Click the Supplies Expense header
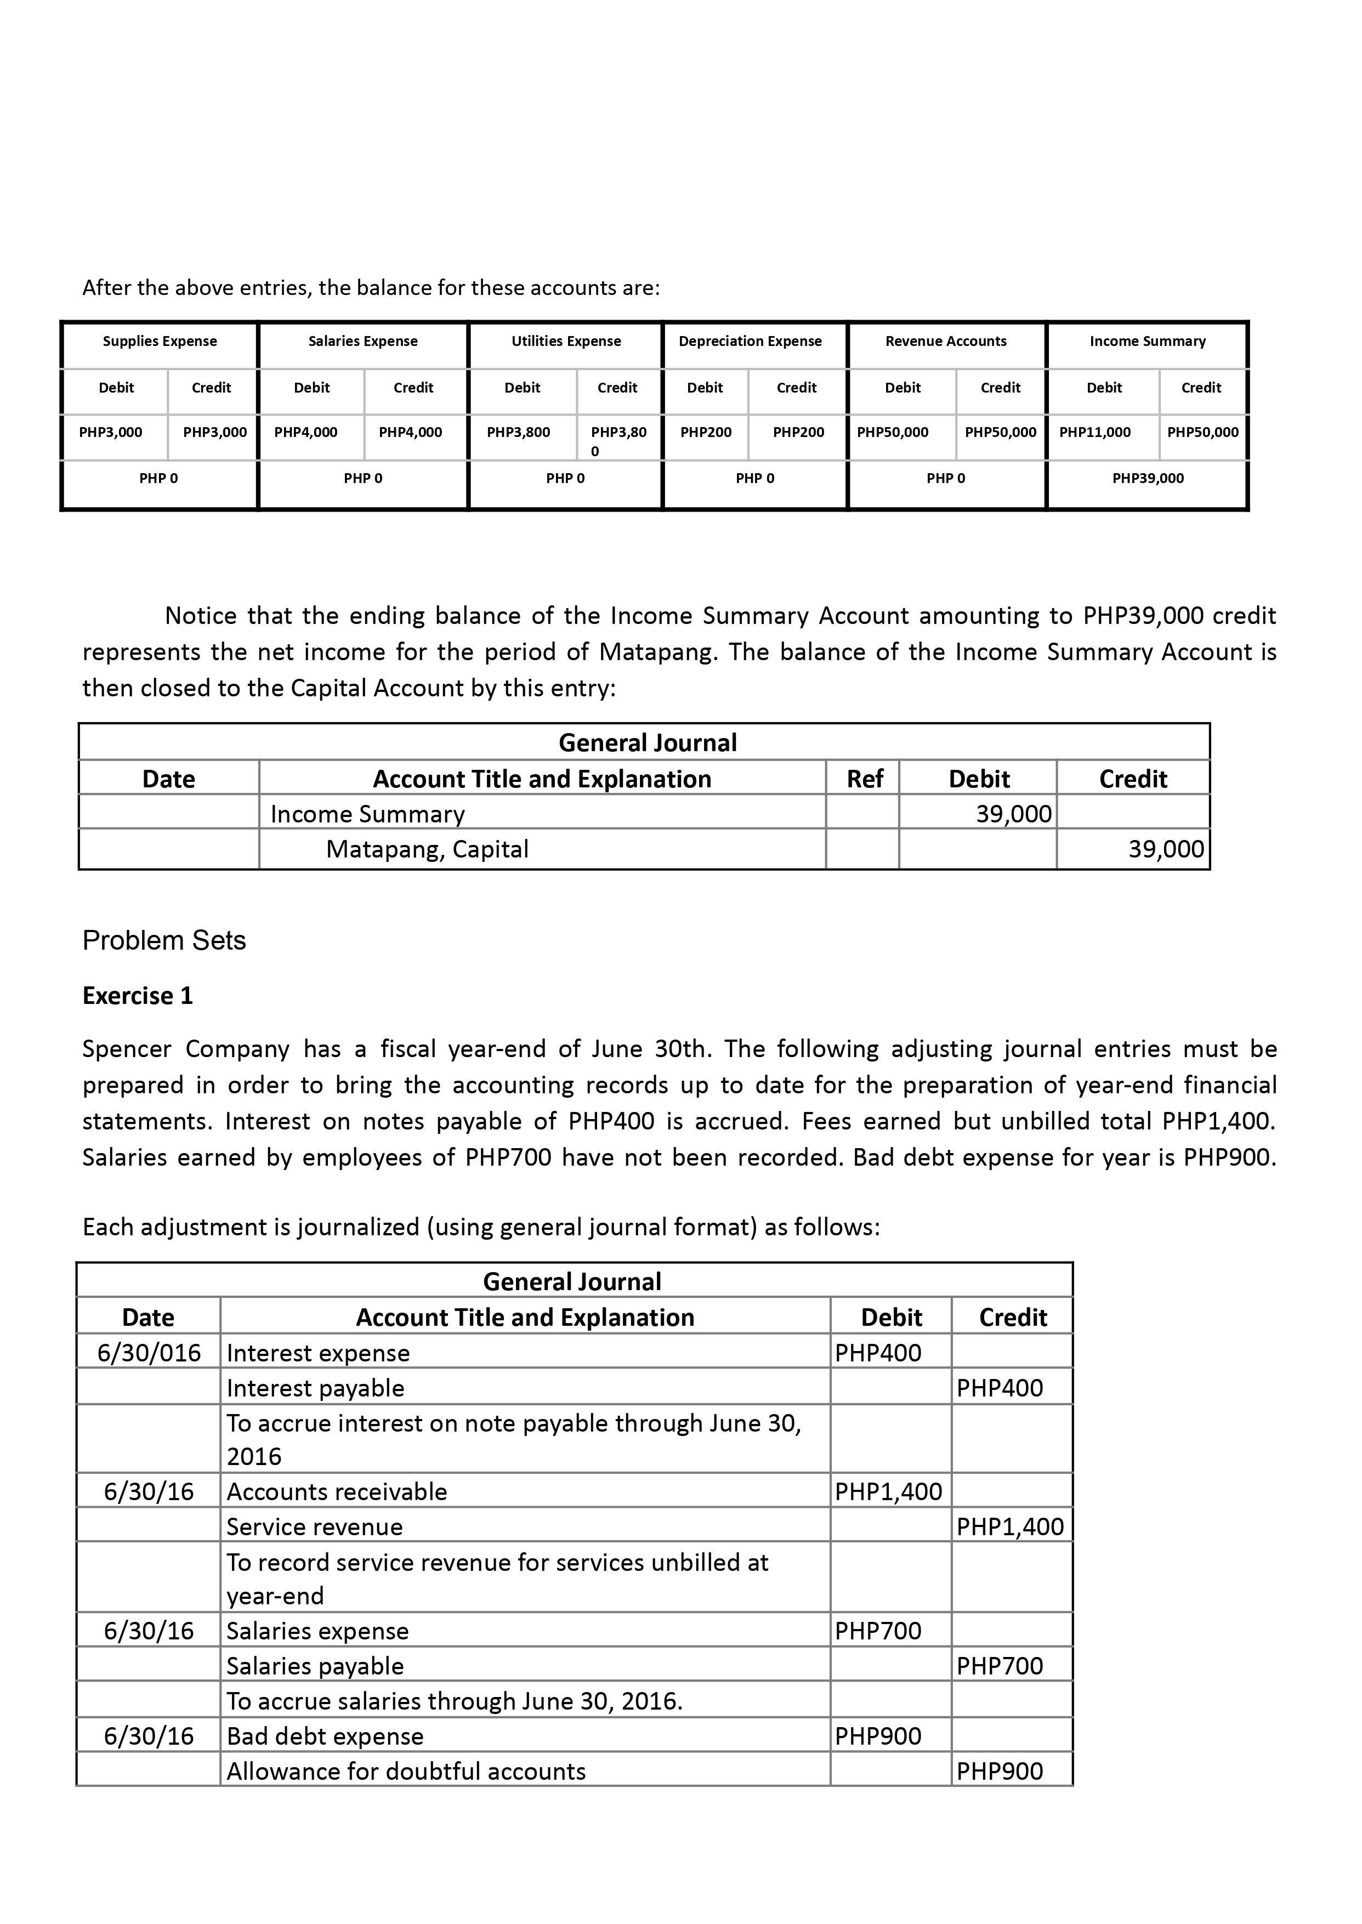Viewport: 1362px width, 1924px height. tap(160, 342)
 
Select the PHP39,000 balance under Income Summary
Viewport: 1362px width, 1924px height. tap(1147, 479)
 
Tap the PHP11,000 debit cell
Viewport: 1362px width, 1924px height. tap(1094, 433)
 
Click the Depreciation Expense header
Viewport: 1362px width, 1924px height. tap(750, 342)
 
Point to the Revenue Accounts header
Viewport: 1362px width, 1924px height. tap(945, 342)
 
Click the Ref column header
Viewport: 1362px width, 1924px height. tap(864, 779)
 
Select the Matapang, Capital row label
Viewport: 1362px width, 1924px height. tap(427, 850)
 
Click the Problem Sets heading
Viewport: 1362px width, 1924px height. tap(164, 941)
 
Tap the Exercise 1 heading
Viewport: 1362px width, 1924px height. tap(138, 996)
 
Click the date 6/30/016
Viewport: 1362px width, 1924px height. tap(149, 1353)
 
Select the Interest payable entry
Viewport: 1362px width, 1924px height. tap(315, 1388)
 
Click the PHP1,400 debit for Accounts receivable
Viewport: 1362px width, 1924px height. tap(888, 1491)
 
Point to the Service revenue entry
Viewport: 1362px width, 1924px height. tap(315, 1526)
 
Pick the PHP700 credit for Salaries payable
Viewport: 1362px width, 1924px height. tap(1000, 1666)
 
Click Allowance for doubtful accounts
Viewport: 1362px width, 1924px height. tap(406, 1772)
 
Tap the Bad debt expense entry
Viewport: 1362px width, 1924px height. tap(325, 1736)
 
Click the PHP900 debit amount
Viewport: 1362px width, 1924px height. tap(878, 1736)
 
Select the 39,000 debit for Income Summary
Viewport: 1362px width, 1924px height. tap(1013, 814)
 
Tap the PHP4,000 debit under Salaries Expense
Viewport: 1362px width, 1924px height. tap(306, 433)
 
